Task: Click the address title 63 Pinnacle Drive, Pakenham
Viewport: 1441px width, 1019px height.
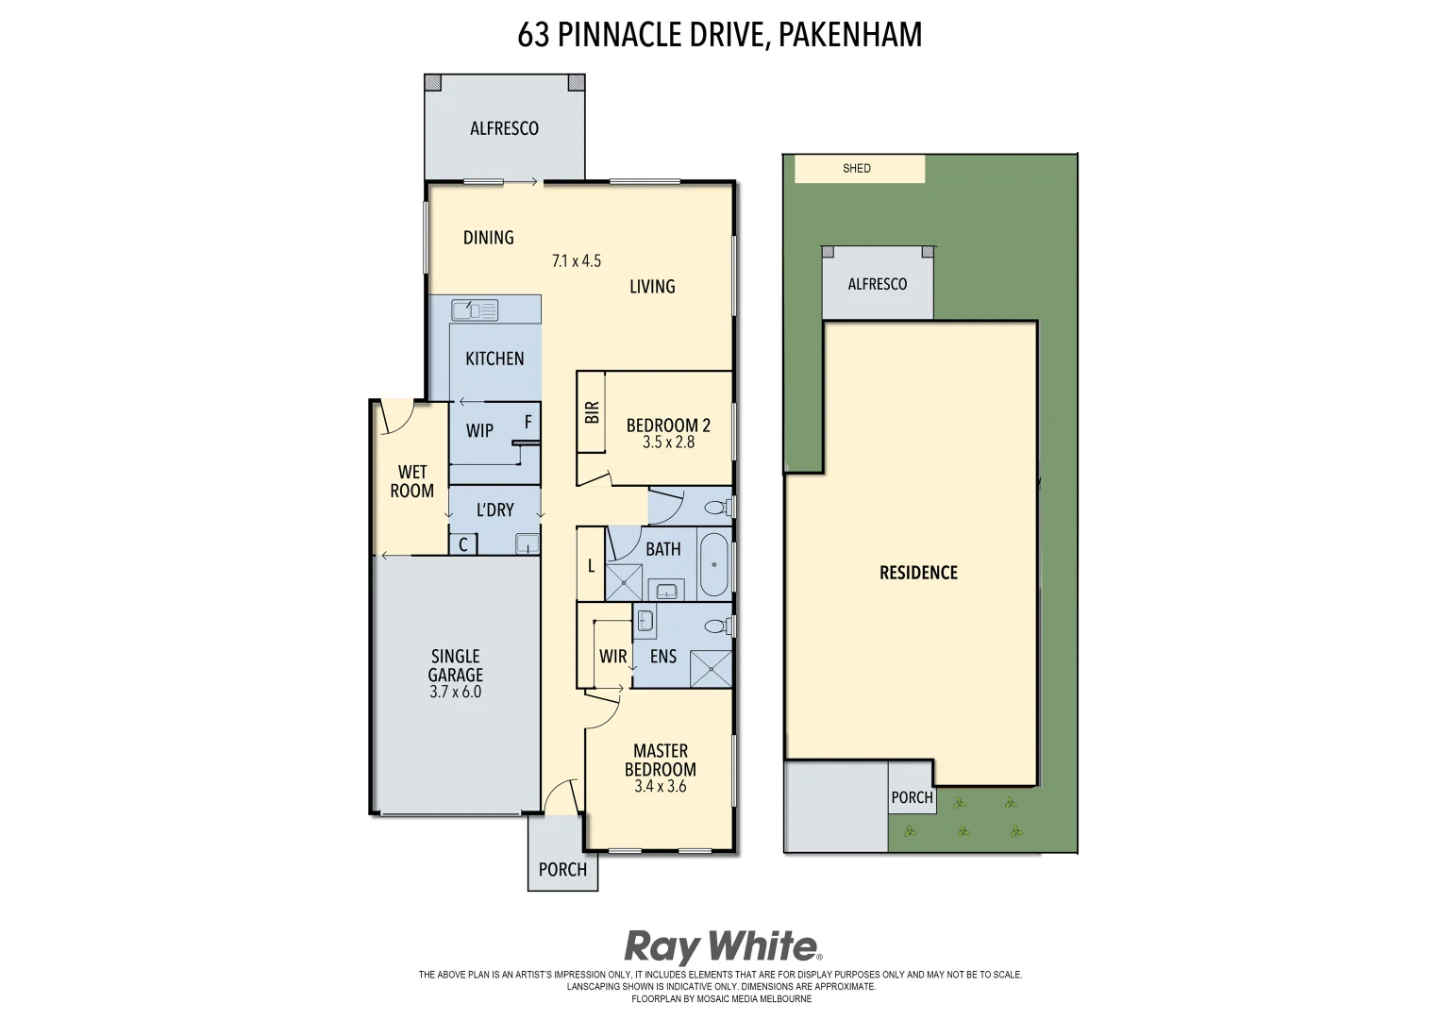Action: pos(719,35)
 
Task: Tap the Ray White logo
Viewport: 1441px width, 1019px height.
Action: pos(722,946)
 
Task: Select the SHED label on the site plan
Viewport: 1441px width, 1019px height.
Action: pos(857,169)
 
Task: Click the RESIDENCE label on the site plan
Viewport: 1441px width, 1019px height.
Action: pos(918,573)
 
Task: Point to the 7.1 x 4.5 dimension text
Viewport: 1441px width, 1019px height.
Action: pos(577,261)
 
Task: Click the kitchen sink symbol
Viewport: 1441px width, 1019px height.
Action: pos(474,309)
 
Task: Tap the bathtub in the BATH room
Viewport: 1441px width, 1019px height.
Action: pos(714,564)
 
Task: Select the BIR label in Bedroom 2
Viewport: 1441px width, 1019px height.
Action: pos(592,412)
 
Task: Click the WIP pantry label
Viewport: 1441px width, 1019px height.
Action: pos(479,431)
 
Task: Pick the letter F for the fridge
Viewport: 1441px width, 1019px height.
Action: pos(528,422)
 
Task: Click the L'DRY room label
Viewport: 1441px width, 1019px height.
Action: pos(494,510)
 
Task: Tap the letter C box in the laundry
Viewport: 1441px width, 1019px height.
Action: pos(463,544)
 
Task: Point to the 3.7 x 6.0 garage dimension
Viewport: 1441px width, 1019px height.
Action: pos(455,692)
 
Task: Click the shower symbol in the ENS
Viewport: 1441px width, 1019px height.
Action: pos(711,669)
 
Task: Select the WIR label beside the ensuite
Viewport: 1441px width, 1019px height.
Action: pos(612,657)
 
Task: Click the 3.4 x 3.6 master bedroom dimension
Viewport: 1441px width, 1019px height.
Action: pos(660,786)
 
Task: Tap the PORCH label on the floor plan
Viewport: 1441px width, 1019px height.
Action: pos(562,870)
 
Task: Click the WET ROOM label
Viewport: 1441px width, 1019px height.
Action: pos(412,481)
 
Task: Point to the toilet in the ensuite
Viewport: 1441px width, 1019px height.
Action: pos(717,626)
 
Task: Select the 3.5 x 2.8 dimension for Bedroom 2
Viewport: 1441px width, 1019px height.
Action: pos(668,443)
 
